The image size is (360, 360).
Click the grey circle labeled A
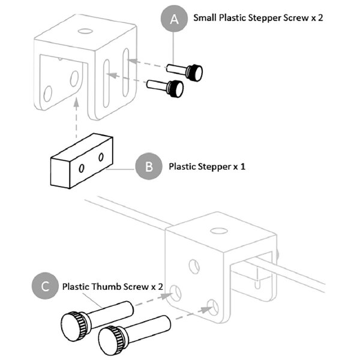coord(175,19)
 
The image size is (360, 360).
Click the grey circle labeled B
coord(149,166)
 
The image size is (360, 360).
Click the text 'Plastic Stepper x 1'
coord(208,166)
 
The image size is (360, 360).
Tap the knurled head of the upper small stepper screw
coord(194,73)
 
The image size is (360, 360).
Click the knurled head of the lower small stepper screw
coord(175,89)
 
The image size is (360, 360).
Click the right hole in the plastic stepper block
coord(101,157)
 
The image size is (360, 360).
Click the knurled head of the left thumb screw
coord(74,325)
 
